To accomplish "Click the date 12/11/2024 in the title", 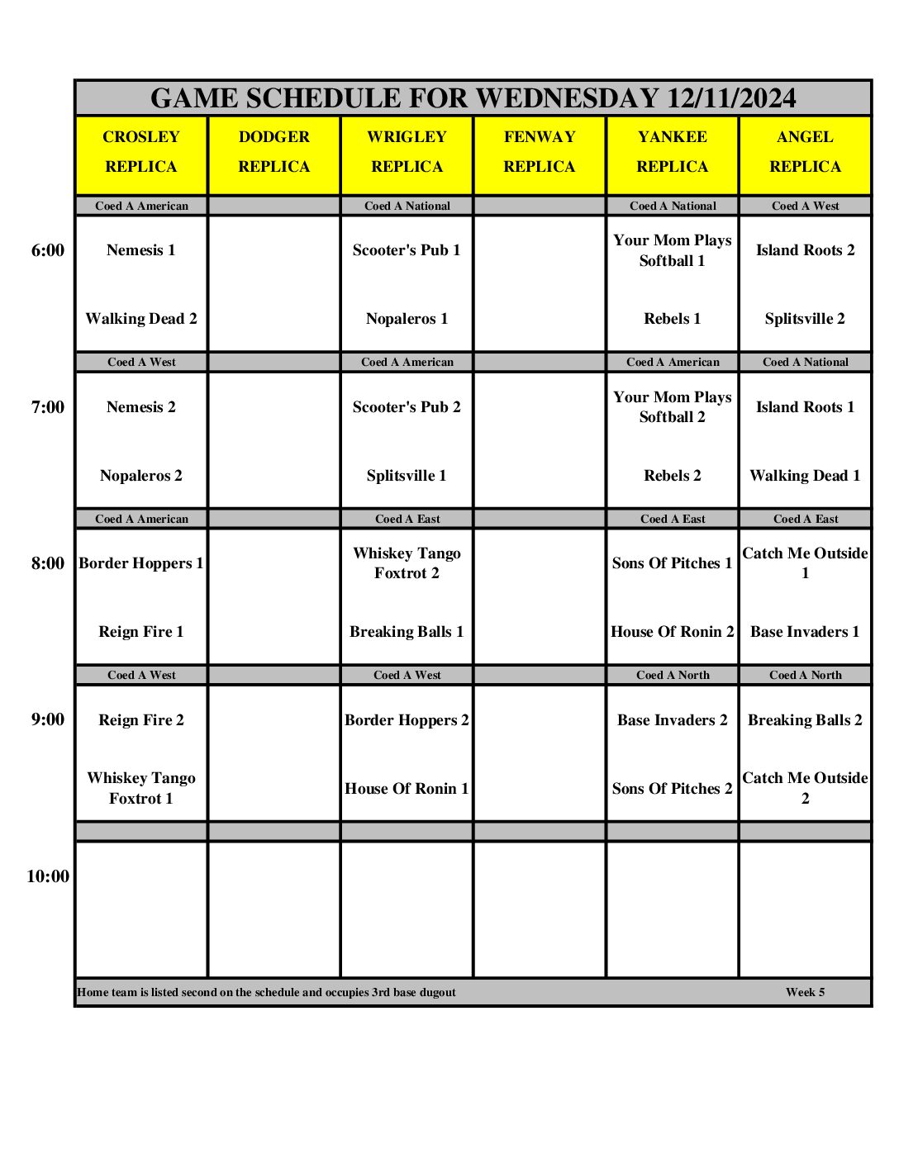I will click(731, 98).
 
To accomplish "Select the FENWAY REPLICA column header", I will click(540, 152).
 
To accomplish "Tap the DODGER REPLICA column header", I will click(274, 152).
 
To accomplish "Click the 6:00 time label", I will click(48, 250).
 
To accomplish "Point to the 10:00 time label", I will click(48, 876).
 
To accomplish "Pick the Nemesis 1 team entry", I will click(141, 250).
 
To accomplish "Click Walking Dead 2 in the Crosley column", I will click(141, 319).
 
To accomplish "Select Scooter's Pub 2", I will click(407, 406).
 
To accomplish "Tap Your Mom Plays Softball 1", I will click(673, 250).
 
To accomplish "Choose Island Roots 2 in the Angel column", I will click(806, 250).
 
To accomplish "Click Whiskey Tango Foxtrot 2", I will click(407, 563).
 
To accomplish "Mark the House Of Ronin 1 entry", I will click(407, 789).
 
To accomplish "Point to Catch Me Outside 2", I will click(806, 788).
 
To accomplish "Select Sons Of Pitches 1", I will click(673, 563).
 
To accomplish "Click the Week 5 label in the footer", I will click(806, 992).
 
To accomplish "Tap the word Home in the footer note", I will click(93, 992).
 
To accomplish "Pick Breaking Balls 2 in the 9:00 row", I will click(806, 720).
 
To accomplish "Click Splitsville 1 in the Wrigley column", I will click(407, 476).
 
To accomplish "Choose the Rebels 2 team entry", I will click(673, 476).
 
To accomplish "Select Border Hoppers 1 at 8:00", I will click(141, 563).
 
